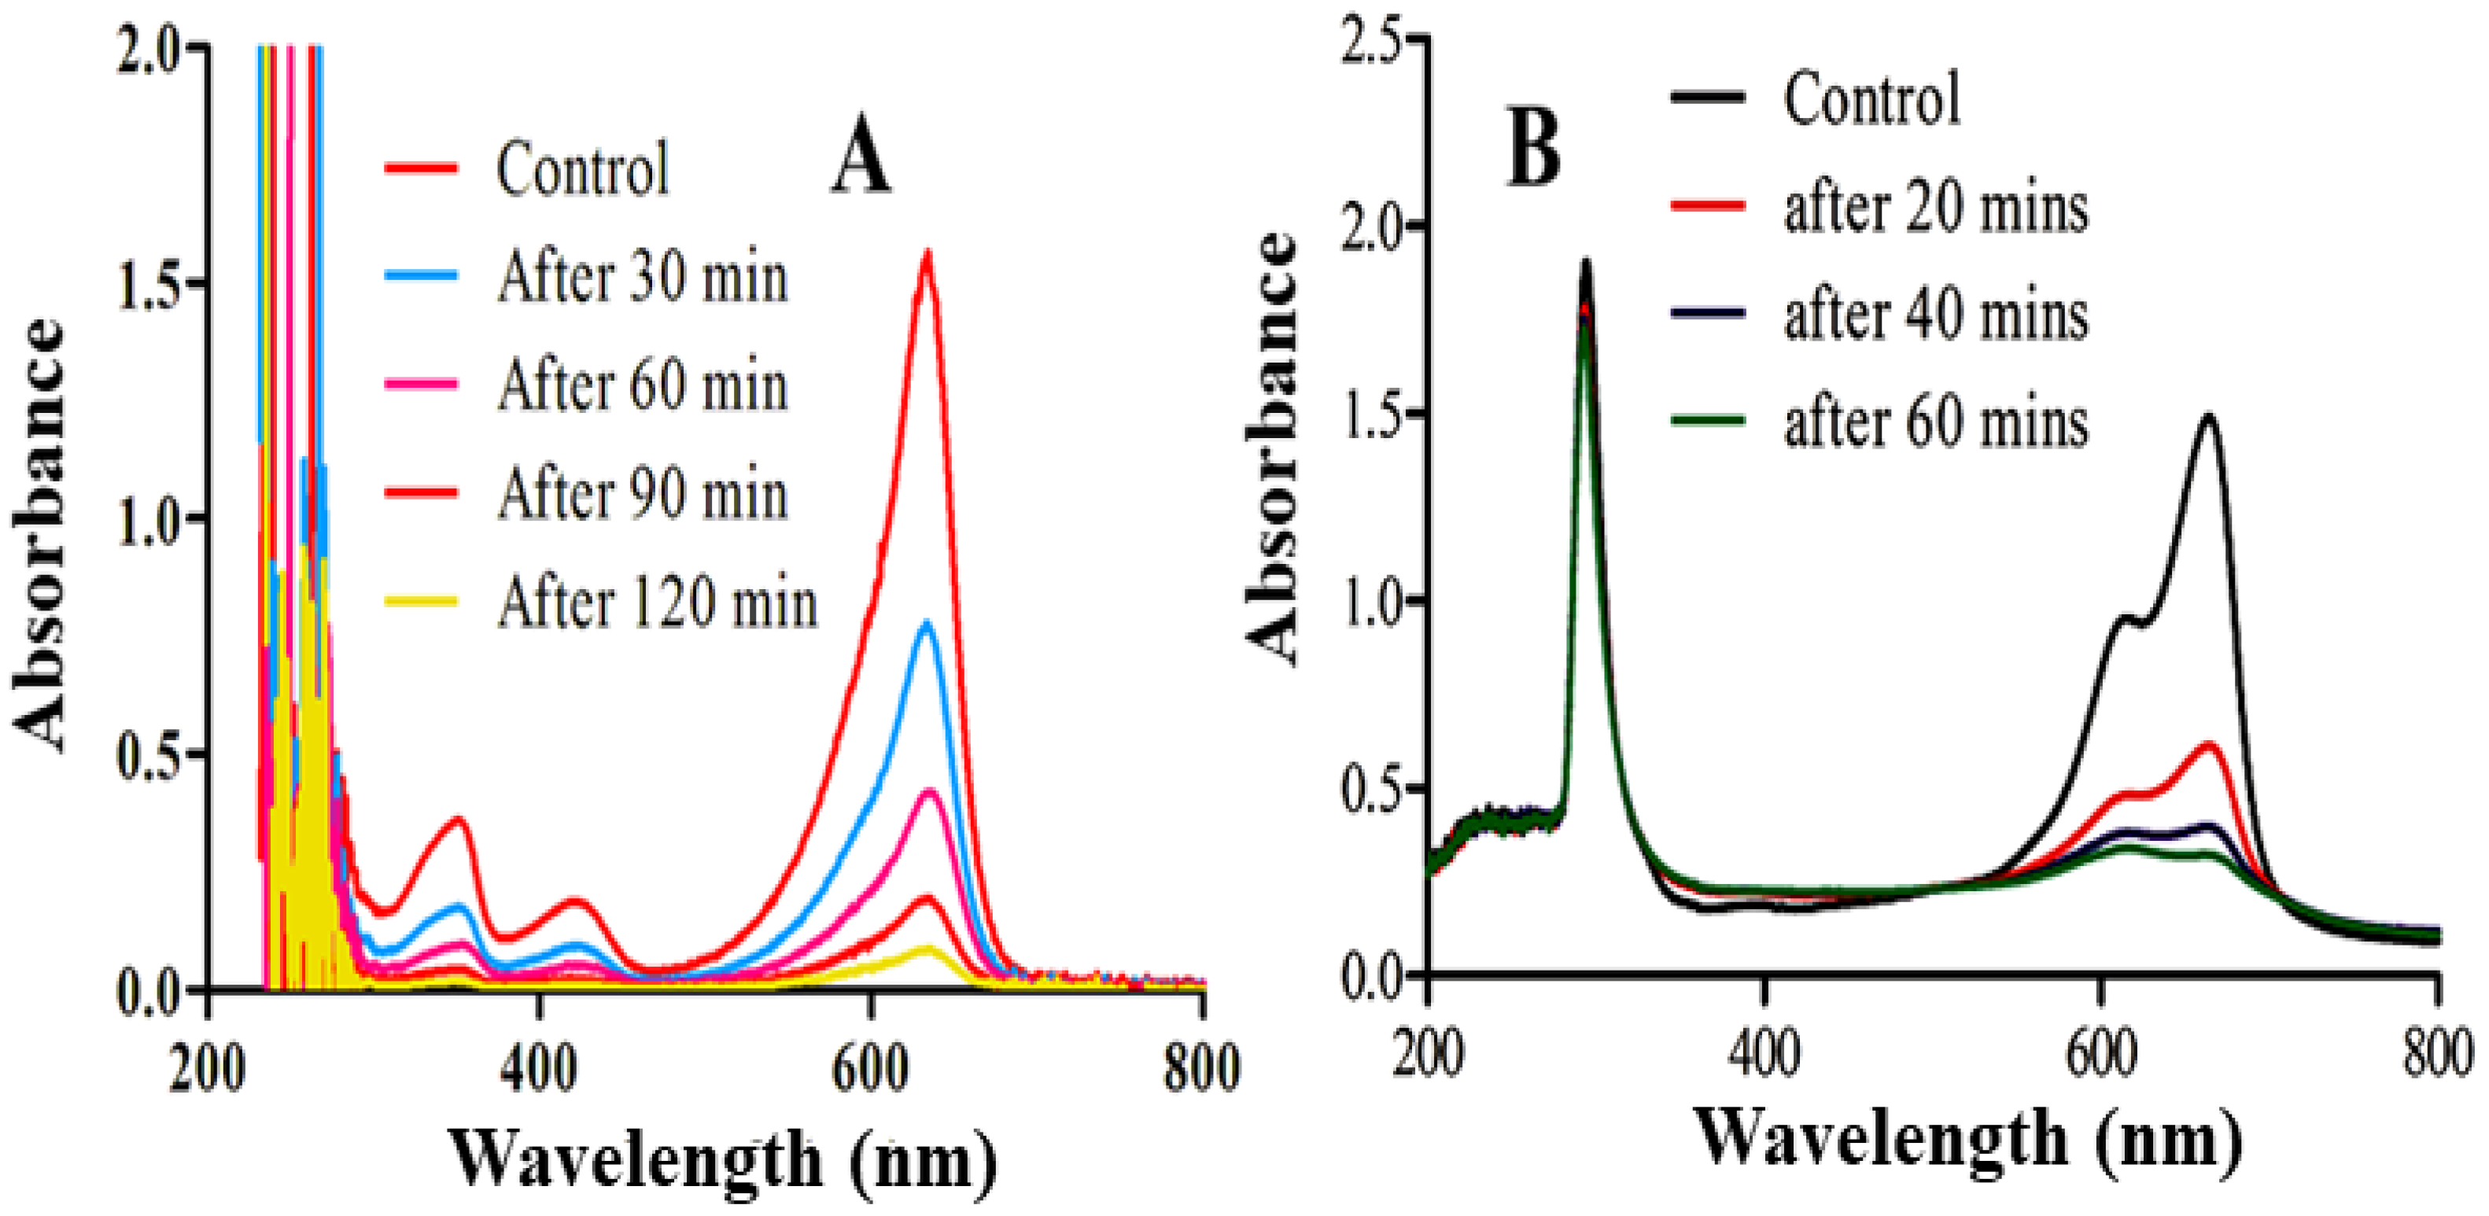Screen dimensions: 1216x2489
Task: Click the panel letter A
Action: click(x=860, y=160)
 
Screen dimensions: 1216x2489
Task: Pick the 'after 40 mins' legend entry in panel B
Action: click(x=1935, y=315)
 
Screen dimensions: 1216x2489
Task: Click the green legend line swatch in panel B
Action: click(x=1707, y=419)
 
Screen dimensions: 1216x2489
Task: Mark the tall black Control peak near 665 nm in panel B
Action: click(x=2209, y=418)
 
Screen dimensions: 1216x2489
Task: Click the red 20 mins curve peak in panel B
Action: click(x=2209, y=745)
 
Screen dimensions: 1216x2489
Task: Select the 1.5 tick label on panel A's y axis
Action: click(x=155, y=284)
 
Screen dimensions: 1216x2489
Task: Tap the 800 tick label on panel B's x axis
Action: click(x=2437, y=1055)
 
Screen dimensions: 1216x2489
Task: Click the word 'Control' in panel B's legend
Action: click(x=1871, y=98)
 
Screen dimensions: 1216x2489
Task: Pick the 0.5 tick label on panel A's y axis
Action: click(x=155, y=754)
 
